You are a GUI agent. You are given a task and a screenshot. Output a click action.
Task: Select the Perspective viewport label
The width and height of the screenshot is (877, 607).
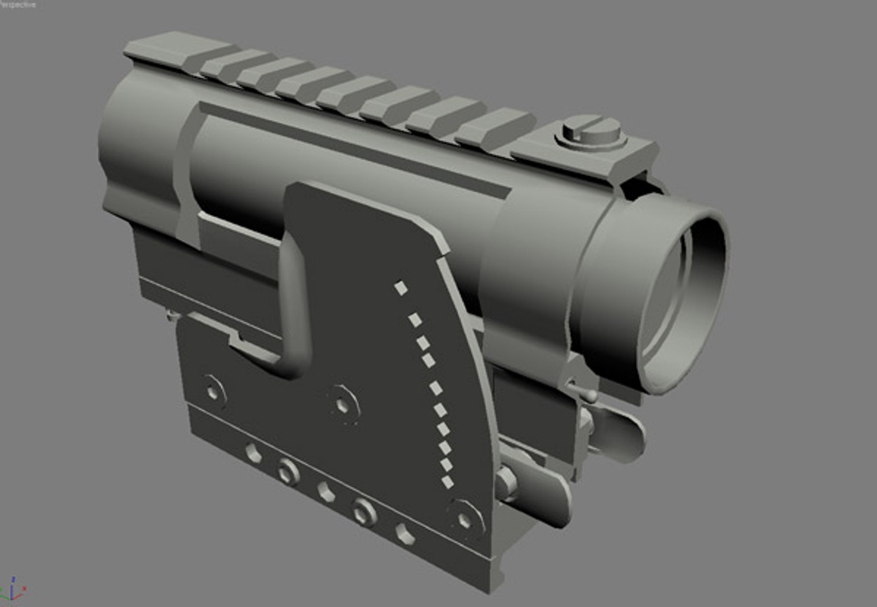(18, 4)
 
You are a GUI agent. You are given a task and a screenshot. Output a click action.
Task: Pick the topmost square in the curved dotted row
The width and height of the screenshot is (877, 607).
(401, 288)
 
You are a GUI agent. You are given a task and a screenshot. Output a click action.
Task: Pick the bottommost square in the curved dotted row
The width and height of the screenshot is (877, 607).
(448, 482)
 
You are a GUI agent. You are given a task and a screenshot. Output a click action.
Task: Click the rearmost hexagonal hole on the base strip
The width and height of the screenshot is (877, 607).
(253, 452)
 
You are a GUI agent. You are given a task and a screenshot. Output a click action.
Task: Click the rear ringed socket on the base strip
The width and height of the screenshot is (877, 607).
(288, 470)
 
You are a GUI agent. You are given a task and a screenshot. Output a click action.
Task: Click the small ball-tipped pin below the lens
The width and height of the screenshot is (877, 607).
(590, 396)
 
